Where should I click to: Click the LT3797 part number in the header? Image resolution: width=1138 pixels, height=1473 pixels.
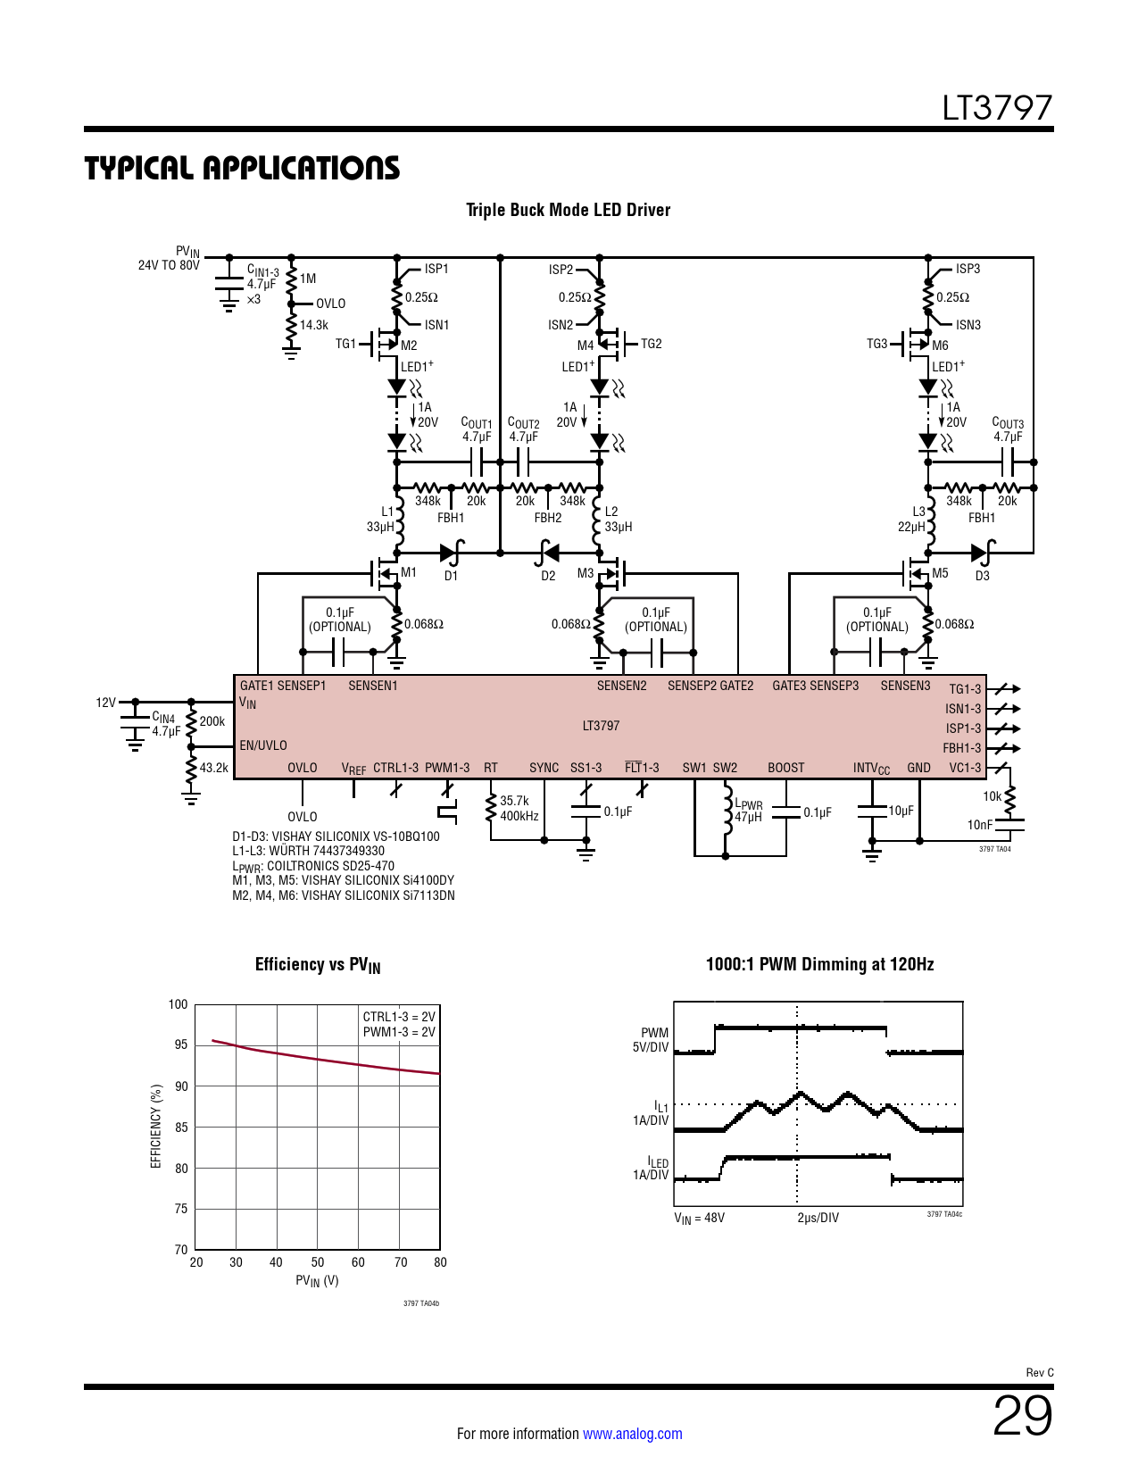pyautogui.click(x=997, y=108)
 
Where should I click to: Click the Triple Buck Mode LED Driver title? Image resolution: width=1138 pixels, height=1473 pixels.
pyautogui.click(x=568, y=210)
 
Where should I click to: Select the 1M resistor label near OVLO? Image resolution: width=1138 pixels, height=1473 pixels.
pyautogui.click(x=308, y=279)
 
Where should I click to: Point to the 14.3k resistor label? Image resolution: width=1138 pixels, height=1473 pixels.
pyautogui.click(x=314, y=325)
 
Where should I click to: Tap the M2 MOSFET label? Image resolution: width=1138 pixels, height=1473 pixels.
pyautogui.click(x=409, y=345)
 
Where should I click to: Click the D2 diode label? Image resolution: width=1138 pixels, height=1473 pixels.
pyautogui.click(x=548, y=576)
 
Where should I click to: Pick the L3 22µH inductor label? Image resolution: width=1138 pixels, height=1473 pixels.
pyautogui.click(x=914, y=520)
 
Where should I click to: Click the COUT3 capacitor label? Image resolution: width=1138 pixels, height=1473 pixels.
pyautogui.click(x=1008, y=429)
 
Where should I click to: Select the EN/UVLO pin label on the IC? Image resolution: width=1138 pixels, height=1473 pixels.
pyautogui.click(x=263, y=745)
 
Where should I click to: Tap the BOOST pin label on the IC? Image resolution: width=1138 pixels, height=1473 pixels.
pyautogui.click(x=785, y=768)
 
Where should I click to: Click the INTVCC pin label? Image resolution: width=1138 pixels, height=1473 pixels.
pyautogui.click(x=871, y=769)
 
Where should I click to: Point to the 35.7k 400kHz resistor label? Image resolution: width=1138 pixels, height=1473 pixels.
pyautogui.click(x=518, y=808)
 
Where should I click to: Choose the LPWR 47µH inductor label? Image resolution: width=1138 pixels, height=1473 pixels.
pyautogui.click(x=748, y=811)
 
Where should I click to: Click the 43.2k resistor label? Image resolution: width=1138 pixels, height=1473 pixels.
pyautogui.click(x=213, y=767)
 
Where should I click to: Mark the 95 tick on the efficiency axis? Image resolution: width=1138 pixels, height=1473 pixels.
pyautogui.click(x=180, y=1045)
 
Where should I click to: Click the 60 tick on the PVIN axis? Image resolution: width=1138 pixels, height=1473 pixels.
pyautogui.click(x=358, y=1262)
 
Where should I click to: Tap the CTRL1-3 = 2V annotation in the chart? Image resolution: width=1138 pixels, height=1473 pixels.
pyautogui.click(x=399, y=1017)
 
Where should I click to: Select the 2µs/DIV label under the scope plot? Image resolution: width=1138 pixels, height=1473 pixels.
pyautogui.click(x=818, y=1218)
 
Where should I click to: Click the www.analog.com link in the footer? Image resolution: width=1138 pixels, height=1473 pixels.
pyautogui.click(x=632, y=1434)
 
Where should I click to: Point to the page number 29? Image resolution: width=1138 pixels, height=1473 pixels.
pyautogui.click(x=1022, y=1416)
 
